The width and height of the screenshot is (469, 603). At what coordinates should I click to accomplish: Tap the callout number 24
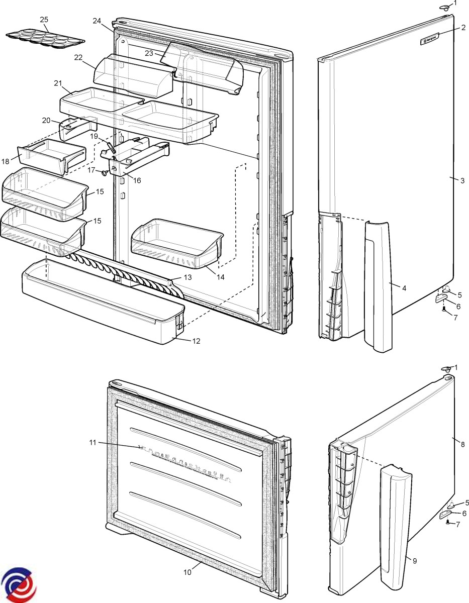coord(97,21)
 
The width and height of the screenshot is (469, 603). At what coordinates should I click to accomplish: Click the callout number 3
coord(462,181)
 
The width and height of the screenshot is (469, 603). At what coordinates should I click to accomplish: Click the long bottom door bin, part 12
coord(101,307)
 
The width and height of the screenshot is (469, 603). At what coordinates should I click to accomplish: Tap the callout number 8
coord(463,444)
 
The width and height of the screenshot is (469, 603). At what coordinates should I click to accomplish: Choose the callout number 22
coord(78,57)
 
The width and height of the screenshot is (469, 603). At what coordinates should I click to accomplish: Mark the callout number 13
coord(187,277)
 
